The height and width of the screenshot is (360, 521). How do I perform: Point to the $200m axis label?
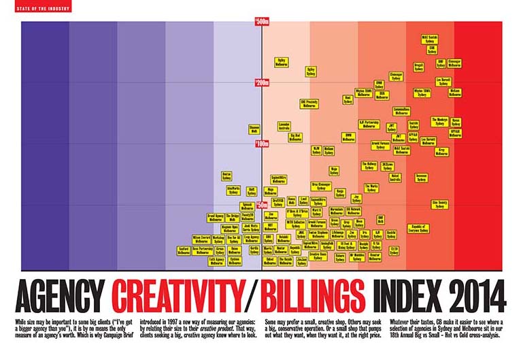click(261, 83)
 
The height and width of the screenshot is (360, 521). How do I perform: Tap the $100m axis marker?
click(261, 144)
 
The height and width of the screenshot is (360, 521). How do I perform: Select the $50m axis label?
click(261, 204)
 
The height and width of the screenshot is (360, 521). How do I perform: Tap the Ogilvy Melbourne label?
click(280, 62)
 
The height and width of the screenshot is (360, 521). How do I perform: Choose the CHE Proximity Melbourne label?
click(309, 103)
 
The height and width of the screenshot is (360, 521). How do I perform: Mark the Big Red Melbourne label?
click(295, 137)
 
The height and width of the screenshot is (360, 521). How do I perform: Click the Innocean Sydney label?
click(421, 178)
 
